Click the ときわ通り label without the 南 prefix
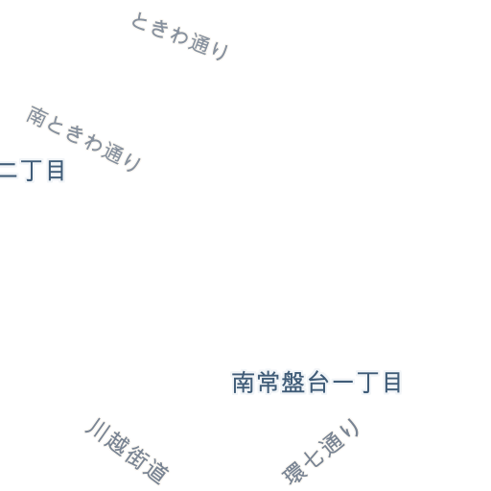[179, 36]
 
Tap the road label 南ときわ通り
[83, 139]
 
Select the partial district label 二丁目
[33, 171]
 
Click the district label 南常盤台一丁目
[316, 383]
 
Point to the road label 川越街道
[127, 451]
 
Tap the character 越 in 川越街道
[114, 443]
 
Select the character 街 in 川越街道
[137, 458]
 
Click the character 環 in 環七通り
[293, 473]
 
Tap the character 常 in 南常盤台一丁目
[268, 383]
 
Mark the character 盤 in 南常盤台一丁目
[292, 383]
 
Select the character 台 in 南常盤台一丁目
[317, 383]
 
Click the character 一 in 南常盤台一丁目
[342, 382]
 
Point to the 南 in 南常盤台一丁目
[244, 383]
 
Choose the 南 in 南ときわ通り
[37, 116]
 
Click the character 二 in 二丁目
[9, 171]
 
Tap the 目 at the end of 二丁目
[56, 171]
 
